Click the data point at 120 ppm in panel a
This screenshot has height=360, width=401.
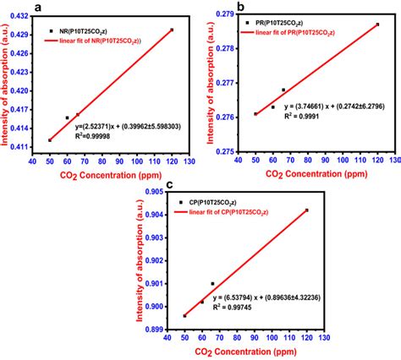click(x=172, y=30)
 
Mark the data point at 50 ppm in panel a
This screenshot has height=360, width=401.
click(x=50, y=140)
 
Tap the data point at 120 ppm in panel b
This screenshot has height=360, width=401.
click(x=377, y=25)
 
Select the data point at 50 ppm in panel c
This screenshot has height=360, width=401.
click(x=184, y=315)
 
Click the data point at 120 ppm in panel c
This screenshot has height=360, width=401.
click(x=306, y=210)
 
